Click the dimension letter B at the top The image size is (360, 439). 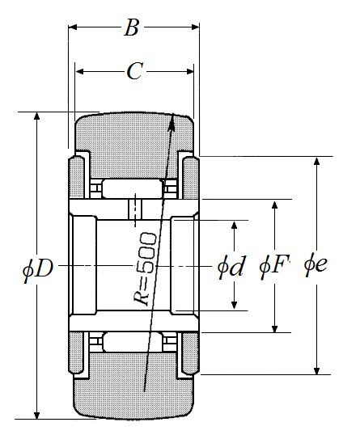click(x=132, y=27)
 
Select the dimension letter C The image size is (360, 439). click(x=135, y=71)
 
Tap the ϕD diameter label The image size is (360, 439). click(x=38, y=268)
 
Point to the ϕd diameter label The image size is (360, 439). click(x=231, y=266)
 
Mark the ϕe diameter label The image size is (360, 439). click(x=316, y=264)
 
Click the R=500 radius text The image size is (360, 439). click(x=145, y=268)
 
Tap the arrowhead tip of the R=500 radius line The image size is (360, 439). click(x=173, y=113)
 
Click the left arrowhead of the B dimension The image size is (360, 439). click(x=69, y=27)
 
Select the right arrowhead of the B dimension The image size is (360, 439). click(x=199, y=27)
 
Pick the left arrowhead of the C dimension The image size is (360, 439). click(x=76, y=72)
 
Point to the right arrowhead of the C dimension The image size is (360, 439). click(x=193, y=72)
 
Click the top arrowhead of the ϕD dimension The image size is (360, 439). click(x=36, y=112)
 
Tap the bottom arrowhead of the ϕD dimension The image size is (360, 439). click(x=36, y=419)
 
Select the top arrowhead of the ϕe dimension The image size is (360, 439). click(x=316, y=158)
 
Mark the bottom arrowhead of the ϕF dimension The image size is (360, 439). click(x=275, y=332)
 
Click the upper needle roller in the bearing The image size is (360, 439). click(x=132, y=188)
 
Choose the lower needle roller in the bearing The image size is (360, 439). click(x=132, y=342)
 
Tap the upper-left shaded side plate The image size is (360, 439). click(x=77, y=178)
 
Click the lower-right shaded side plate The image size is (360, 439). click(x=191, y=353)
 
